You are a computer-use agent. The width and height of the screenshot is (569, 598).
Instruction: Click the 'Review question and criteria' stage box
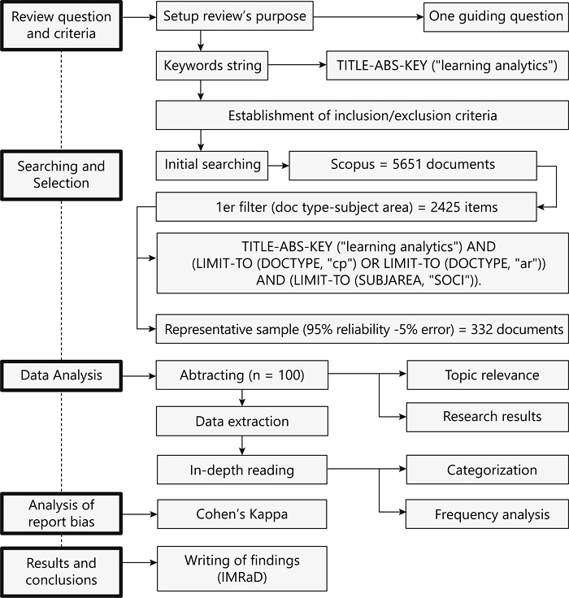[x=63, y=26]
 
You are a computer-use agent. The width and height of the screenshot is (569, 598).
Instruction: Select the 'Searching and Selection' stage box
[x=63, y=175]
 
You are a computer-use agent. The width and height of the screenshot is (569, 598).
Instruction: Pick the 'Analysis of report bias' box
[x=63, y=513]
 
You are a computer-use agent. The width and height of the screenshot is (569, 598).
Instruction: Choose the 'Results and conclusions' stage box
[x=63, y=571]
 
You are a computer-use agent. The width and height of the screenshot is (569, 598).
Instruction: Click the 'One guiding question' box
[x=495, y=16]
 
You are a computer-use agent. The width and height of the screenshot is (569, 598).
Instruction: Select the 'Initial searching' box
[x=213, y=164]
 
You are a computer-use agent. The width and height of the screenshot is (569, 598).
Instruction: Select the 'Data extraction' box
[x=241, y=422]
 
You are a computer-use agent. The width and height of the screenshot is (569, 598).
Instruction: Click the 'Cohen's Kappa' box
[x=241, y=513]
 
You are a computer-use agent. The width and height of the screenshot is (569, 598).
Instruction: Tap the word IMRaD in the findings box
[x=241, y=577]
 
